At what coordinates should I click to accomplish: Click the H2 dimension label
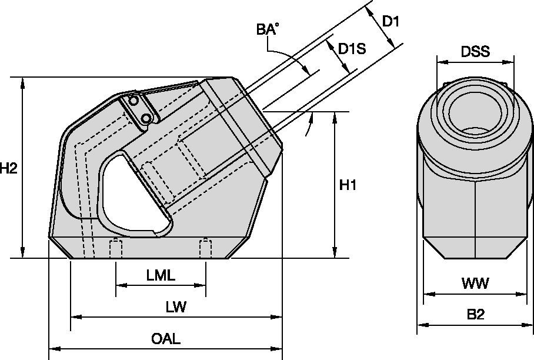pyautogui.click(x=8, y=169)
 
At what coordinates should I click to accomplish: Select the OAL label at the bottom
pyautogui.click(x=165, y=339)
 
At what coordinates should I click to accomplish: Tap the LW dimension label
pyautogui.click(x=176, y=307)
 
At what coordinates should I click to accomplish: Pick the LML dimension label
pyautogui.click(x=161, y=275)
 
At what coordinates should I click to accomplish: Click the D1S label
pyautogui.click(x=352, y=49)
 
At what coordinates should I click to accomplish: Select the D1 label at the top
pyautogui.click(x=391, y=21)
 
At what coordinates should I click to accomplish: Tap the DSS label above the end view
pyautogui.click(x=475, y=52)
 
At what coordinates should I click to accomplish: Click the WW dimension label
pyautogui.click(x=475, y=284)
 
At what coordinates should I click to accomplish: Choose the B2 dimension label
pyautogui.click(x=475, y=315)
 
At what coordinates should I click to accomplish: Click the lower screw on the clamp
pyautogui.click(x=145, y=119)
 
